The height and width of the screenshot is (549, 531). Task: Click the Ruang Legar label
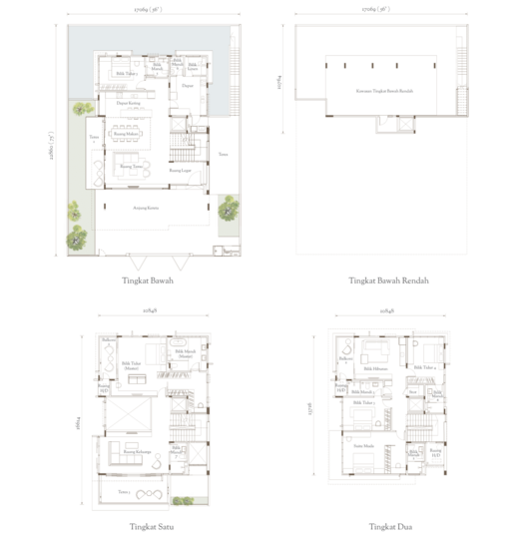(x=180, y=171)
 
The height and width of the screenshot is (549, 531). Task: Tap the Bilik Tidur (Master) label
(x=131, y=366)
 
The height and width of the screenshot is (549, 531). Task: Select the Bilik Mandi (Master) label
(x=184, y=354)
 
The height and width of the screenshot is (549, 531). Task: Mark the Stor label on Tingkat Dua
(x=413, y=392)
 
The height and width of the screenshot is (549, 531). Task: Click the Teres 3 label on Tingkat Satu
(x=125, y=492)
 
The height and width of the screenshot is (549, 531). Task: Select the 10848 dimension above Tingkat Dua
(x=386, y=312)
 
